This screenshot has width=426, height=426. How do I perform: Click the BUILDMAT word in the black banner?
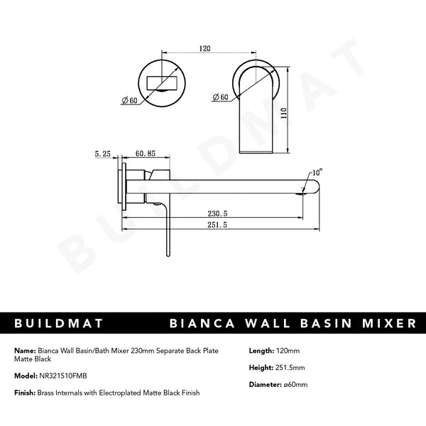tap(58, 323)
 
